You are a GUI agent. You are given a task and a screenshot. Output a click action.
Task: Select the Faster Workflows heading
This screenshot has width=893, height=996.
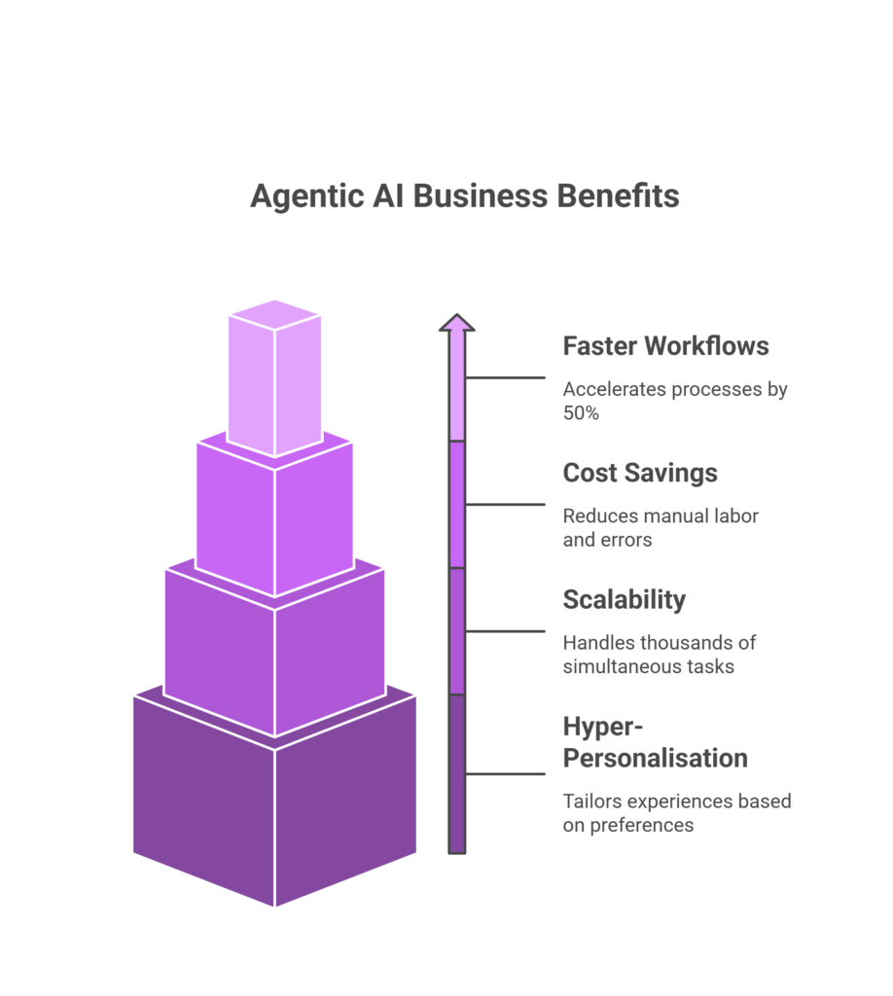665,346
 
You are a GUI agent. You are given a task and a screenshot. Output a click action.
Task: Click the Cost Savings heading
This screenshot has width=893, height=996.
640,473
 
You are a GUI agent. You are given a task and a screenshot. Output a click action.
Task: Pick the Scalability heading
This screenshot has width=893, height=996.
624,599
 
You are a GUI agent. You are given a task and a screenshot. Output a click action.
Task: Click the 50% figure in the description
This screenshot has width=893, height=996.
580,412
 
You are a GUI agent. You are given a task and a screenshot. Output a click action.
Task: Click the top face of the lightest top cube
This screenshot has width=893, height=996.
274,314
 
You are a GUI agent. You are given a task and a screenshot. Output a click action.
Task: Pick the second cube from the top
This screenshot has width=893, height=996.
274,520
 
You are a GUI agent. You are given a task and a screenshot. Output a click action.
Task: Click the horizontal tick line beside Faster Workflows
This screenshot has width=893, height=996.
506,377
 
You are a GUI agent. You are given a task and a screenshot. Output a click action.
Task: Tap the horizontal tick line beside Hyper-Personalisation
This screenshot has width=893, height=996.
506,774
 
